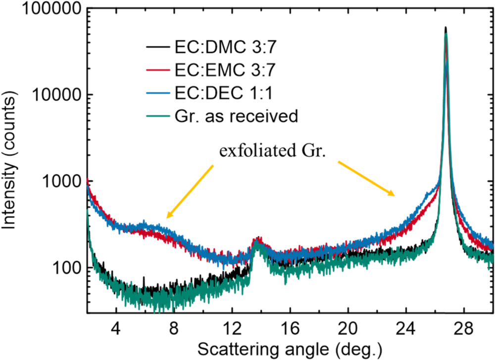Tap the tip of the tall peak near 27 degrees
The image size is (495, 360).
(x=445, y=28)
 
